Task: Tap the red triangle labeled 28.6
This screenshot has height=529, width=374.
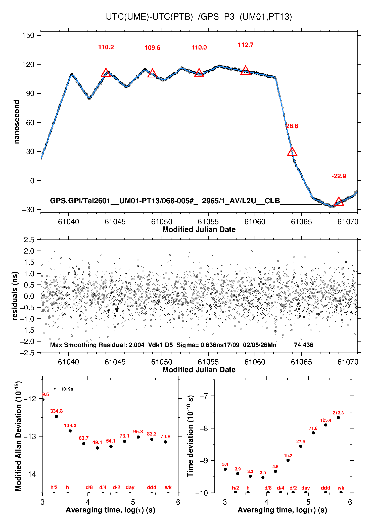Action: click(292, 152)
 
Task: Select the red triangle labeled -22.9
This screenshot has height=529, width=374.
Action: click(339, 201)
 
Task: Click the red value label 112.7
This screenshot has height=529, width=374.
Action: click(246, 45)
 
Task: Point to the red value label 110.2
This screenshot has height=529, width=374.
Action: click(106, 47)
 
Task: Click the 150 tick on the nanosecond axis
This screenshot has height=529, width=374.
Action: click(28, 35)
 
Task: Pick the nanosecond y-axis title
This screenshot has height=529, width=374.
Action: click(17, 122)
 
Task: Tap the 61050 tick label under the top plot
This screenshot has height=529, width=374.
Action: click(162, 222)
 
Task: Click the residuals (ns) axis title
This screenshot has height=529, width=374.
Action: click(15, 296)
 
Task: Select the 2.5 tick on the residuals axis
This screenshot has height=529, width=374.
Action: click(29, 240)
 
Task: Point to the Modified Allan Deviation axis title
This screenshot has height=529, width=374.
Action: click(18, 436)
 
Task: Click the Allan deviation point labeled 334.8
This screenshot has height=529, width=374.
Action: click(57, 416)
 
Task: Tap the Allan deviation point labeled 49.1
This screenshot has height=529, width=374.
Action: click(97, 448)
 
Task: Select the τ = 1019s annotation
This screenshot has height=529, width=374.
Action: click(63, 389)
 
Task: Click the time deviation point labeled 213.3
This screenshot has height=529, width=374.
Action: click(338, 417)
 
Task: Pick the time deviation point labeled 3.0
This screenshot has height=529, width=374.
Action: click(263, 477)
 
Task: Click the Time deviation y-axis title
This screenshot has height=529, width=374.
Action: click(190, 436)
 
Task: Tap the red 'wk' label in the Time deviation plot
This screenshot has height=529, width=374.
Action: click(341, 488)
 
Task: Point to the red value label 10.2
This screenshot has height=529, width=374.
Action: click(288, 456)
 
